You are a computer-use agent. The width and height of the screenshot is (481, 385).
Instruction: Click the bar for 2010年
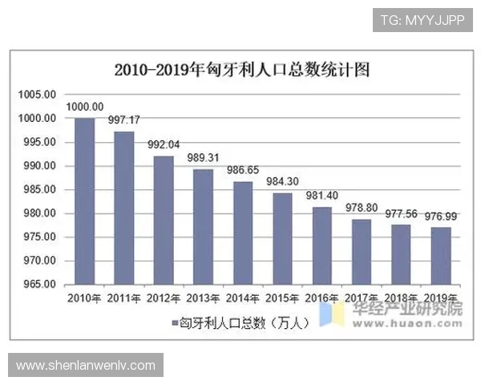(84, 201)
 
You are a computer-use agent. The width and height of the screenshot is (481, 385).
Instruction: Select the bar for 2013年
(204, 227)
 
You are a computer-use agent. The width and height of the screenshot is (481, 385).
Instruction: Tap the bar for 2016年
(321, 245)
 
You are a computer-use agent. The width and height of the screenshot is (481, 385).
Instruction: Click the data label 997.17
(124, 120)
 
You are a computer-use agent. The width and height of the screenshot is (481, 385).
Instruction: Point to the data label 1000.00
(84, 107)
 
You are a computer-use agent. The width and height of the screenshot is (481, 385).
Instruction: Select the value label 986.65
(243, 171)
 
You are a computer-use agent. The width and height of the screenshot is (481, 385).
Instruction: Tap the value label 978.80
(362, 209)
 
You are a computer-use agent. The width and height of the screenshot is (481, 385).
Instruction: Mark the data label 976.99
(440, 217)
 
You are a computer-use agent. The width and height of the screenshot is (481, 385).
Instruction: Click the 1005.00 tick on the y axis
(38, 95)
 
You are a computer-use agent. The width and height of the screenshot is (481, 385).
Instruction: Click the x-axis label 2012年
(164, 298)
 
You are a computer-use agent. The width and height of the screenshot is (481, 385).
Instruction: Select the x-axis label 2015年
(282, 298)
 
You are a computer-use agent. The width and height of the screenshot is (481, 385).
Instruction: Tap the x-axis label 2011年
(124, 298)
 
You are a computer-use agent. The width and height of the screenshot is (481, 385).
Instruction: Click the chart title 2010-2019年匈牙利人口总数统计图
(241, 69)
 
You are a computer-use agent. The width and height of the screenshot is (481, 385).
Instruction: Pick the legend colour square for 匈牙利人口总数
(173, 322)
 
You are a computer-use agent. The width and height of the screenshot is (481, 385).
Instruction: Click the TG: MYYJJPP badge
(422, 19)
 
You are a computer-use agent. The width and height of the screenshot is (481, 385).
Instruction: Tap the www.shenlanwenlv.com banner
(86, 366)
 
